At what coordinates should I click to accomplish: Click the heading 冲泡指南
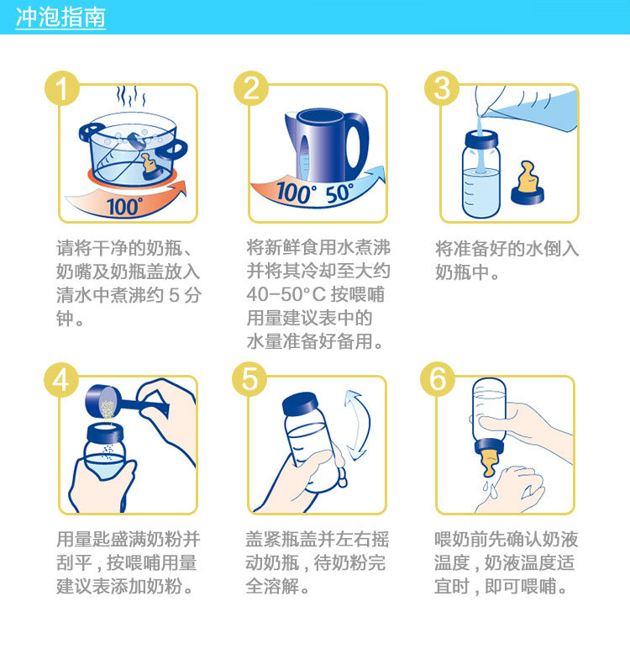click(60, 18)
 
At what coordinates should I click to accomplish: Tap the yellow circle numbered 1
click(62, 88)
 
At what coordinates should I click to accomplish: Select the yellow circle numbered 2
click(251, 88)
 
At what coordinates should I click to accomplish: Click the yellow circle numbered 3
click(442, 88)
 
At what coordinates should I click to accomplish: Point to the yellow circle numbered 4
click(61, 380)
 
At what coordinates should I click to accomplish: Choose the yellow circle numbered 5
click(249, 379)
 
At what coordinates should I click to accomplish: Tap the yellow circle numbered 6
click(438, 379)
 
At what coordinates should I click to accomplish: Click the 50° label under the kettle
click(339, 193)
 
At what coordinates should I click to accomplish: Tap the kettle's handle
click(356, 140)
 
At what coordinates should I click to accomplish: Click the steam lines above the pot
click(131, 97)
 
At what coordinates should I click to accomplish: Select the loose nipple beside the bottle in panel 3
click(528, 183)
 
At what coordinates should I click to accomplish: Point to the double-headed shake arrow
click(357, 425)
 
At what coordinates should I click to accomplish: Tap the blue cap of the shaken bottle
click(301, 404)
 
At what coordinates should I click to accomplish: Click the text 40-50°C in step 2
click(286, 294)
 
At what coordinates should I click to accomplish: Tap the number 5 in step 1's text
click(174, 295)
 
